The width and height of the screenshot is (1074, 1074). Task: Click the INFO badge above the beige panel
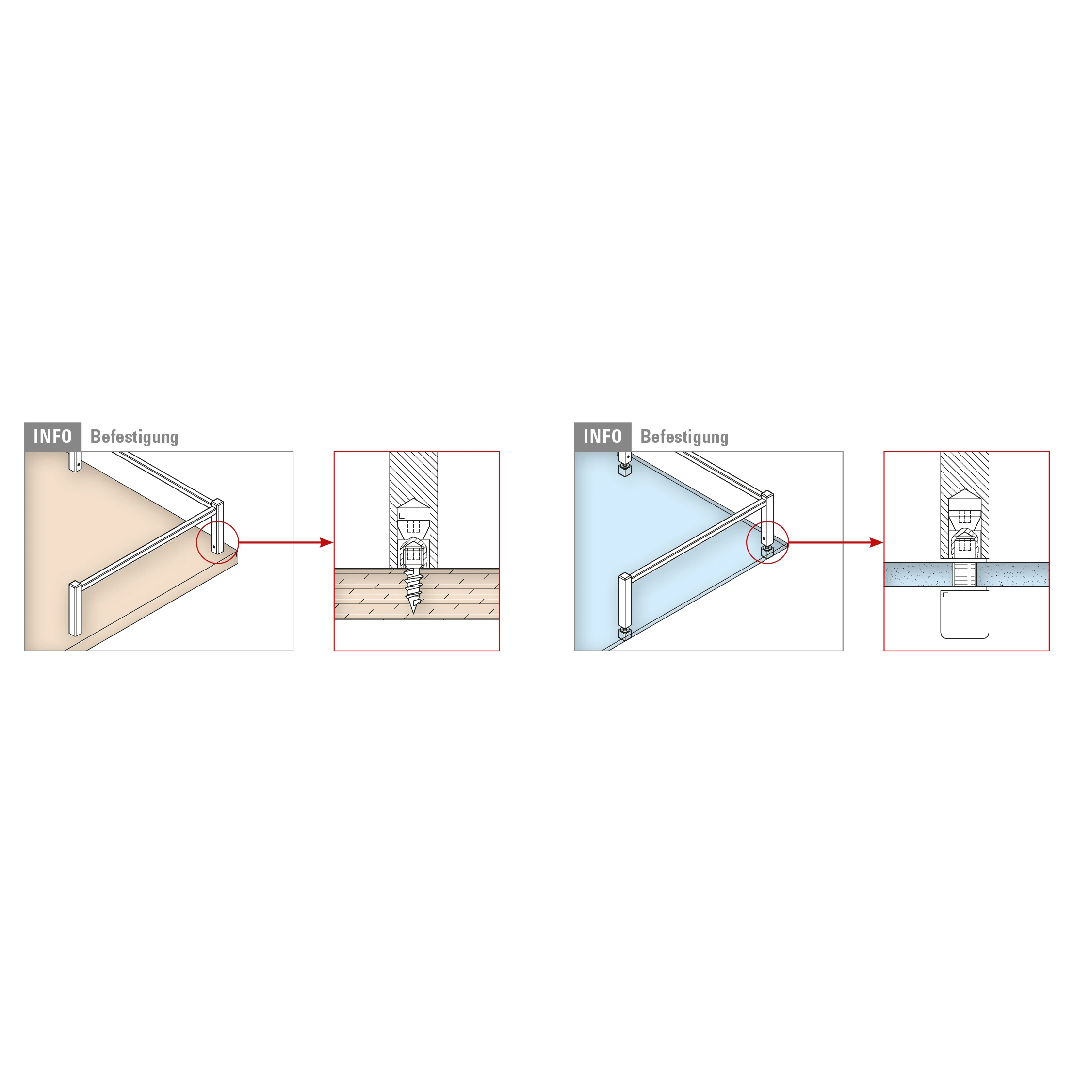(53, 437)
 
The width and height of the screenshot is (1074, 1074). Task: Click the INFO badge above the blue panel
(602, 437)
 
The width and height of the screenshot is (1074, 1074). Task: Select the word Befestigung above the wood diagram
(134, 437)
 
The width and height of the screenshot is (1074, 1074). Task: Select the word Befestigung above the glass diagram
(684, 437)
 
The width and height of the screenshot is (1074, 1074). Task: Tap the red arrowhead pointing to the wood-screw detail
(326, 542)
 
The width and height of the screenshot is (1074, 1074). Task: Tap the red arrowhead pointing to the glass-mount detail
(876, 542)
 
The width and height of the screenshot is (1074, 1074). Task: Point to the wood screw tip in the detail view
(412, 613)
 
